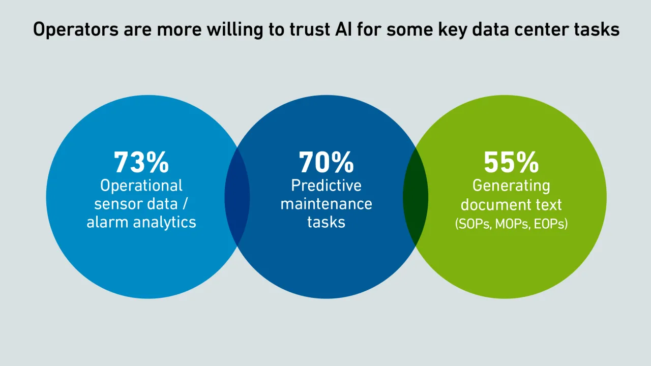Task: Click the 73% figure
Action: coord(141,163)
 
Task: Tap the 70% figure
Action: coord(326,163)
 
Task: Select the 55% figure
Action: coord(511,163)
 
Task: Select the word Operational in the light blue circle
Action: coord(141,186)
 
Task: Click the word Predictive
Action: coord(326,186)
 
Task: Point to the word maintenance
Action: coord(326,204)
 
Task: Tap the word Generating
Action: coord(511,186)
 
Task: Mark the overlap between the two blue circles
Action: coord(237,197)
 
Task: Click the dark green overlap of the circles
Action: coord(416,197)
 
